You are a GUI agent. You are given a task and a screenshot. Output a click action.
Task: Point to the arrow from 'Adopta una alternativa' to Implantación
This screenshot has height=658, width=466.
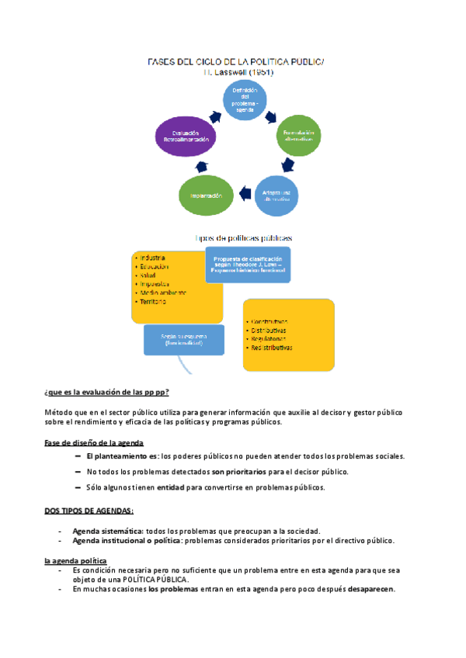click(x=244, y=191)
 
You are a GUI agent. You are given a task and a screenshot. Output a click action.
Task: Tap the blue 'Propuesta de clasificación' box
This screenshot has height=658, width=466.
click(x=248, y=264)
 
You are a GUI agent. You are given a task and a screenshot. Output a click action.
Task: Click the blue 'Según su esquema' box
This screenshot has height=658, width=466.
click(x=183, y=339)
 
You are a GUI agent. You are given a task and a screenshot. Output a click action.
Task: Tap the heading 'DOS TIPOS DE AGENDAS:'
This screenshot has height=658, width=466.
click(x=89, y=510)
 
